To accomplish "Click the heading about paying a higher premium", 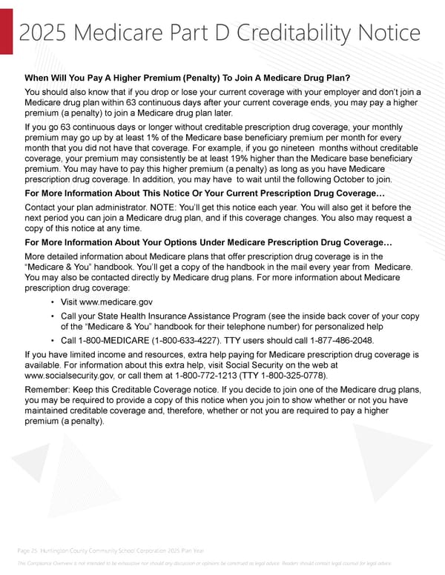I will [188, 79].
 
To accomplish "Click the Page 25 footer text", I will [112, 550].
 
